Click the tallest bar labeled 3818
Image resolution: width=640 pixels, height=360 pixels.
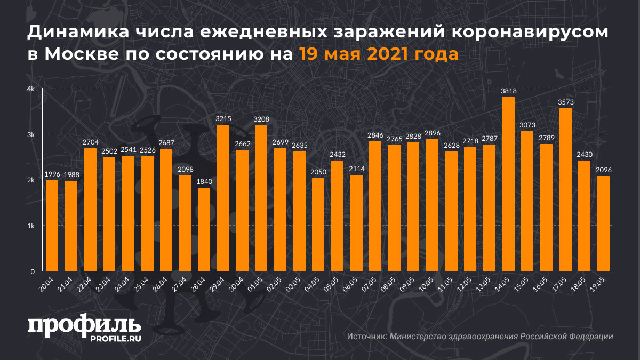coord(508,184)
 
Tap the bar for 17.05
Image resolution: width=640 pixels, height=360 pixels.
coord(565,189)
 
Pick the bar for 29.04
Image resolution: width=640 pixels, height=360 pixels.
coord(223,198)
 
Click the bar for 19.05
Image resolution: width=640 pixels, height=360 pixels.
coord(603,223)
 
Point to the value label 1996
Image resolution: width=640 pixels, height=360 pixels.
coord(52,174)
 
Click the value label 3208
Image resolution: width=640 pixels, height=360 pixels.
coord(261,119)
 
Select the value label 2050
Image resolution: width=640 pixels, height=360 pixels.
coord(318,172)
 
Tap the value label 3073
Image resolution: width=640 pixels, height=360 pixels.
coord(527,125)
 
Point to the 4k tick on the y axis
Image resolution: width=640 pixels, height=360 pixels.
coord(31,89)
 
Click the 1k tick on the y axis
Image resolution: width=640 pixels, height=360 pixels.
coord(31,226)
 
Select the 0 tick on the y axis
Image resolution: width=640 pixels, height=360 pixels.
coord(33,271)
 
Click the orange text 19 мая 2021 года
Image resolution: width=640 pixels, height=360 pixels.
coord(378,54)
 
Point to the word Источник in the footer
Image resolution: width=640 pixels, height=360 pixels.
coord(366,337)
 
